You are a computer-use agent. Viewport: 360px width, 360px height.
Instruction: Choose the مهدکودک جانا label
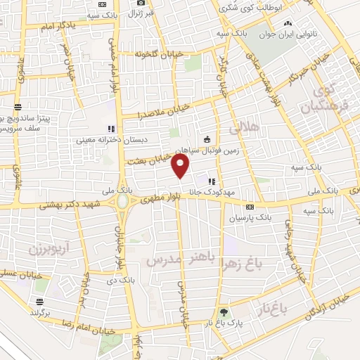[236, 191]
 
